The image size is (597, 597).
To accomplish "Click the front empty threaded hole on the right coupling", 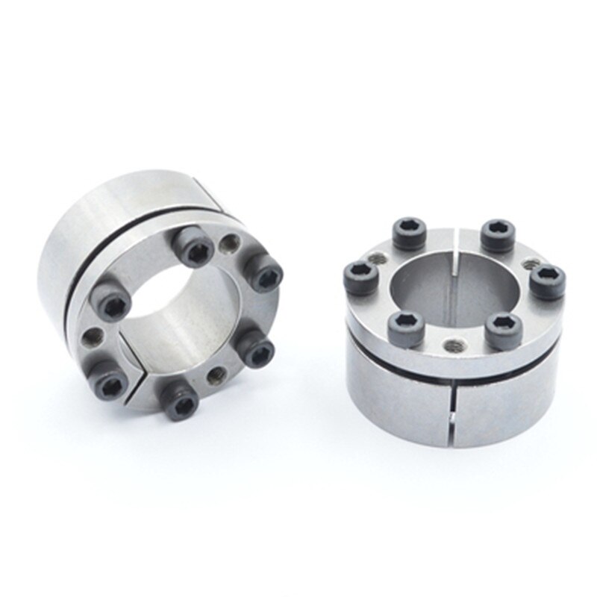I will [452, 348].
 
